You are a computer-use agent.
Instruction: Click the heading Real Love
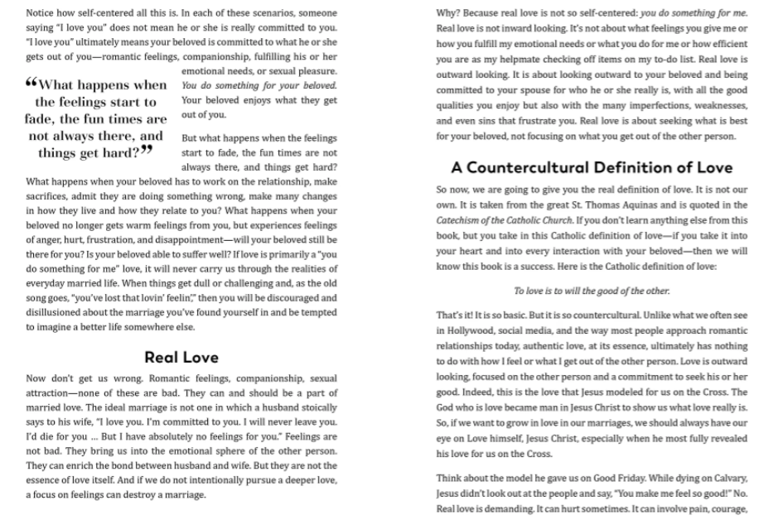(x=181, y=358)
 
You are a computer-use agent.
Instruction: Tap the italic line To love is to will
(x=592, y=291)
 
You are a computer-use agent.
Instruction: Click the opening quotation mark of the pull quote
(x=32, y=84)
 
